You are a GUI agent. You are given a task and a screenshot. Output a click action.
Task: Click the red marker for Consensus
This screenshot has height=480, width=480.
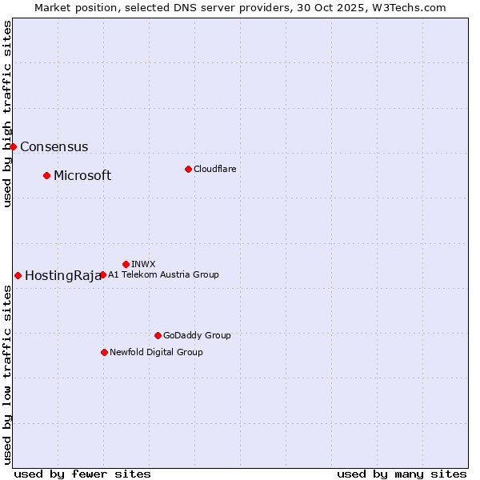[x=13, y=146]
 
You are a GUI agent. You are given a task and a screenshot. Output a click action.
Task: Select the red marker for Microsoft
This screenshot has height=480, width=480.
[x=46, y=175]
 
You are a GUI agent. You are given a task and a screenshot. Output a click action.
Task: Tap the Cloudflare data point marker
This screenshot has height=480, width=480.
[x=188, y=169]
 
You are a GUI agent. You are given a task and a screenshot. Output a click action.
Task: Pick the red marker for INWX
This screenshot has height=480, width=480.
[x=126, y=264]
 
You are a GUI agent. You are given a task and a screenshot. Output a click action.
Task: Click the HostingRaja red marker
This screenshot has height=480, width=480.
[x=18, y=275]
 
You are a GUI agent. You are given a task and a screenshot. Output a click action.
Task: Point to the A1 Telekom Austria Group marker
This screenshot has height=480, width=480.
[x=102, y=274]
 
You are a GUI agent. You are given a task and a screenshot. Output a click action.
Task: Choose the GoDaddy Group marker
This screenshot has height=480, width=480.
[x=158, y=335]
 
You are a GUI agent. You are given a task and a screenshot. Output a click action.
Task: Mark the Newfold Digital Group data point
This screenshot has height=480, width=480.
[x=104, y=352]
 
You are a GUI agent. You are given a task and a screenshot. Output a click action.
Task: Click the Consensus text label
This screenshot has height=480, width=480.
[x=54, y=147]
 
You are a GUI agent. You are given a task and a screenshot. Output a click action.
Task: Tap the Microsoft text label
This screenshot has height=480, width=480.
[x=82, y=176]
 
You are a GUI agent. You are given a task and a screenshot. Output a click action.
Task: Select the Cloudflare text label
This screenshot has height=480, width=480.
[x=214, y=169]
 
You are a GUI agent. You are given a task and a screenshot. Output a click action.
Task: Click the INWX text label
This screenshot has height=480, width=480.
[x=143, y=264]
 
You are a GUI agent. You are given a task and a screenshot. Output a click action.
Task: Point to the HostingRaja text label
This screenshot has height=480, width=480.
[x=62, y=276]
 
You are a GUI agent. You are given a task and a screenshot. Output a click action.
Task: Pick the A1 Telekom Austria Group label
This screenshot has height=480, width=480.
[x=163, y=274]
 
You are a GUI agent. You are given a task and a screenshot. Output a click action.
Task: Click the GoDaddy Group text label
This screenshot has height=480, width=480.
[x=197, y=335]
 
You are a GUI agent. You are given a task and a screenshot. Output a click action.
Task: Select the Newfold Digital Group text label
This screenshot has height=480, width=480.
[x=156, y=352]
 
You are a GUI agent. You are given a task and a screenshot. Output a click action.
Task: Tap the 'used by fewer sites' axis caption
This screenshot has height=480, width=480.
[x=82, y=474]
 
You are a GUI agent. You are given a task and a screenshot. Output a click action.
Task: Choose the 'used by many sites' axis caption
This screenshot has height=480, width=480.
[x=402, y=474]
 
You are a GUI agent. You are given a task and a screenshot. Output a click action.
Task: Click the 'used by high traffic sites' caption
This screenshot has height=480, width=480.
[x=7, y=114]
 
